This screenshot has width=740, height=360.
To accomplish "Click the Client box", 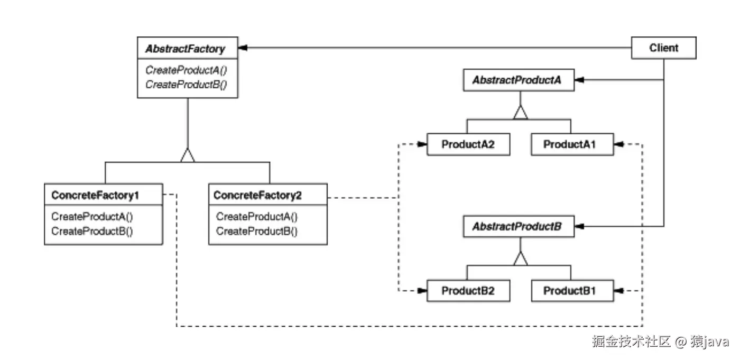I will coord(664,48).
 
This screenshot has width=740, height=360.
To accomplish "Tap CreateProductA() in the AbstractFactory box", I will coord(186,70).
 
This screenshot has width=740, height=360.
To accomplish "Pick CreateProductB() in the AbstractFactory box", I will coord(186,84).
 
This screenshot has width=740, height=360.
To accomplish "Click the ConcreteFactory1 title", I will coord(95,196).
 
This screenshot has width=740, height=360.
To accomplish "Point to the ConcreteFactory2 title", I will coord(258,196).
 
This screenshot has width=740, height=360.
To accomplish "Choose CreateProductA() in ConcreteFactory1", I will coord(92,217).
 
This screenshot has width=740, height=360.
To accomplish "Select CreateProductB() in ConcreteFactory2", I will coord(257,231).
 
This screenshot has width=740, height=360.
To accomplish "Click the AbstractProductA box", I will coord(518,80).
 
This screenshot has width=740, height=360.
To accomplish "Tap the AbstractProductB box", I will coord(518,227).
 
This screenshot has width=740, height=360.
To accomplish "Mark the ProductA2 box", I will coord(468,144).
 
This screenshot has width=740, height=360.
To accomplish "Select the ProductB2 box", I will coord(468,291).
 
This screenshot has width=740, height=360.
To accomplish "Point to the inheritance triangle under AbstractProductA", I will coord(521,112).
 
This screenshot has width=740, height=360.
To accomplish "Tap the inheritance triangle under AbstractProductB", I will coord(521,259).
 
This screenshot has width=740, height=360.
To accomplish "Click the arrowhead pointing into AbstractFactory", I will coord(243,48).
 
